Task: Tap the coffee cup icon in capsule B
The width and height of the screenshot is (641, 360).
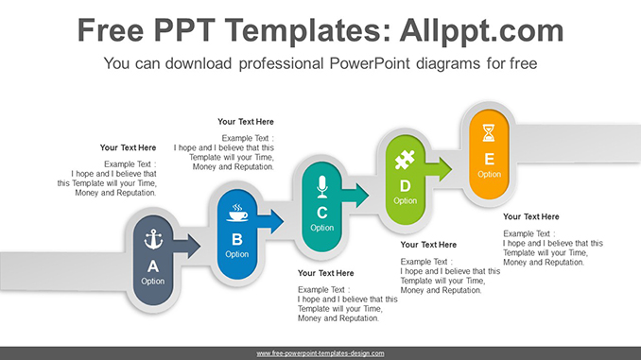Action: point(236,213)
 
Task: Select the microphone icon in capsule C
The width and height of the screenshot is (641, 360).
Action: point(321,184)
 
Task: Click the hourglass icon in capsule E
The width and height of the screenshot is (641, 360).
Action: point(489,131)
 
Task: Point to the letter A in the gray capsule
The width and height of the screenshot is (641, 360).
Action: point(152,266)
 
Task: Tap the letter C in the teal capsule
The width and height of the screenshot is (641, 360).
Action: point(321,212)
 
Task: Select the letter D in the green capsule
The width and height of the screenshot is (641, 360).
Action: point(405,185)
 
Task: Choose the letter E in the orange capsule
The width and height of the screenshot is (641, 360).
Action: point(489,159)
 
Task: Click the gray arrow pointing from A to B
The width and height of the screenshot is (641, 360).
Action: point(189,248)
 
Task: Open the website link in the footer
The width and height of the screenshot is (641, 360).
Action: point(320,353)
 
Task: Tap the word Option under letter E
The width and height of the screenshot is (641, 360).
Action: point(489,174)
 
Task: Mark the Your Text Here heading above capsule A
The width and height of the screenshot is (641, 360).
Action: point(128,147)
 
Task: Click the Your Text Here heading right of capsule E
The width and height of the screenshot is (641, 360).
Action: point(530,216)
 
